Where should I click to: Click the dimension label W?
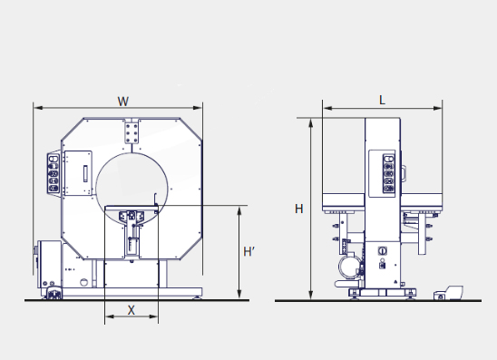click(123, 102)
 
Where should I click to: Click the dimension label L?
click(382, 101)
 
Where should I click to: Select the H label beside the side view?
click(299, 209)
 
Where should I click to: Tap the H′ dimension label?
click(248, 251)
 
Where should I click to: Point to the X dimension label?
click(131, 310)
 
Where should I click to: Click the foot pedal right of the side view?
click(448, 293)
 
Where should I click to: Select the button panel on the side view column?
click(388, 173)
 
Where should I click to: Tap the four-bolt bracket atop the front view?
click(132, 131)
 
